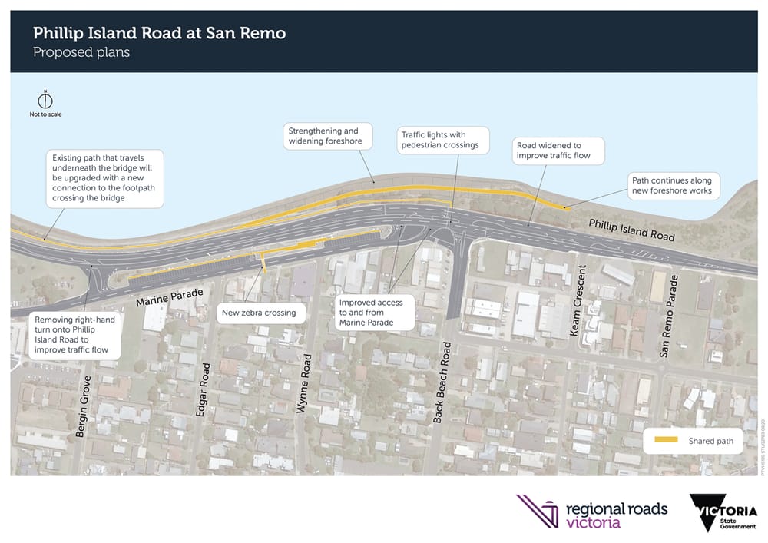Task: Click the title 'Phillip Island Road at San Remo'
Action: pos(159,34)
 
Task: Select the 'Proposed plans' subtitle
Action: pos(81,53)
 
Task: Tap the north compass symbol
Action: pos(46,101)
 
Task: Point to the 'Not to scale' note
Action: pos(46,115)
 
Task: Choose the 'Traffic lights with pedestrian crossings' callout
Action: pos(440,140)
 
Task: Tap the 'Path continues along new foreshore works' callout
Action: pos(671,185)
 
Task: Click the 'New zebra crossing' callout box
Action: pos(259,313)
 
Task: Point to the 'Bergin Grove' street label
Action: pos(82,407)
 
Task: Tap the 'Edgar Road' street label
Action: pos(203,389)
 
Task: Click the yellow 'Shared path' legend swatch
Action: pos(665,440)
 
